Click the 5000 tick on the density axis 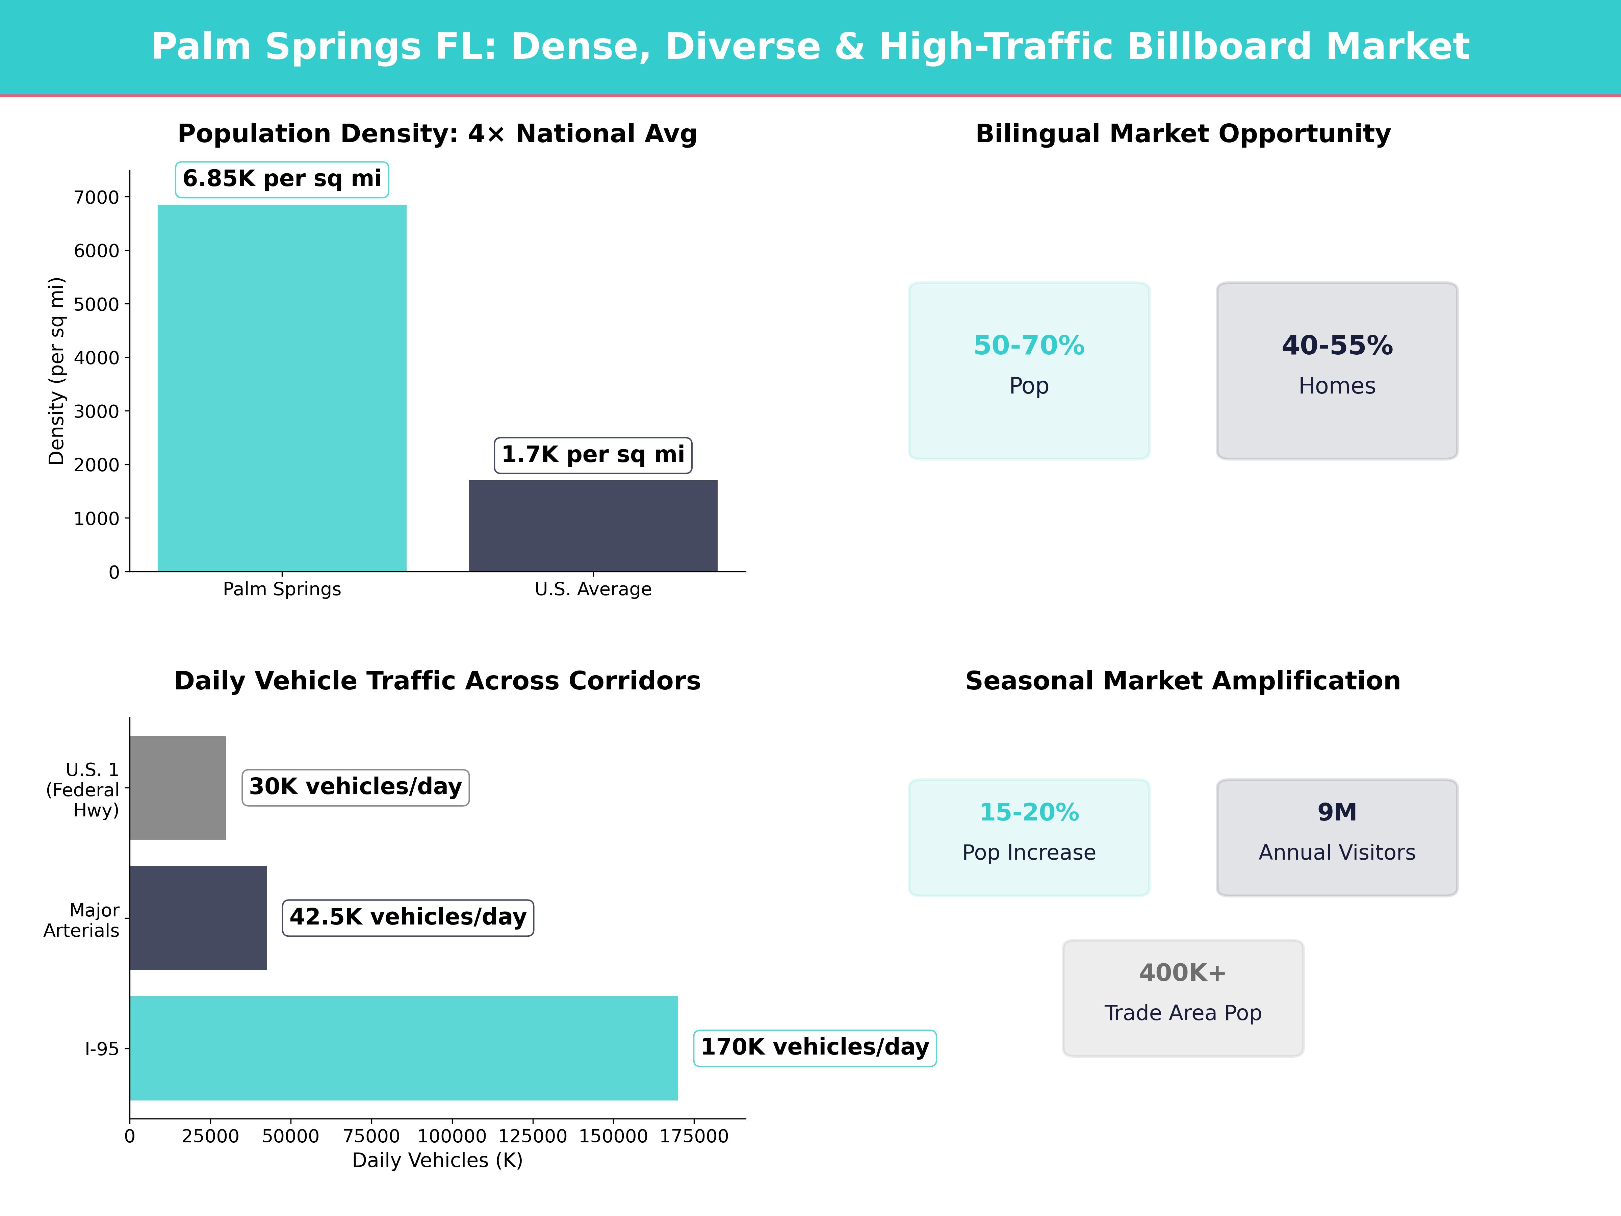(96, 304)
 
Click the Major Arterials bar (198, 918)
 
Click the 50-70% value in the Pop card (1029, 345)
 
